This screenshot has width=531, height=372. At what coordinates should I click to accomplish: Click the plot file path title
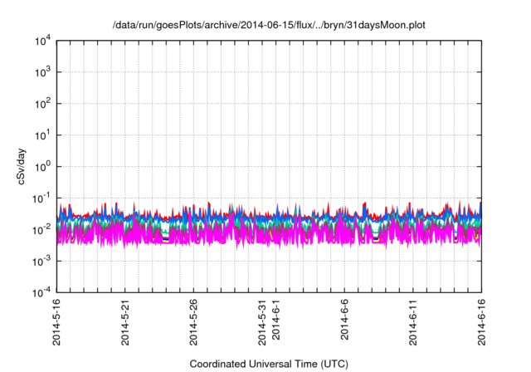pyautogui.click(x=269, y=25)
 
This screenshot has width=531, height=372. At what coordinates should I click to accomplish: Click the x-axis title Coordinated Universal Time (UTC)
pyautogui.click(x=269, y=364)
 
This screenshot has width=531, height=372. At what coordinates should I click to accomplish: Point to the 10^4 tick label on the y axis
pyautogui.click(x=41, y=41)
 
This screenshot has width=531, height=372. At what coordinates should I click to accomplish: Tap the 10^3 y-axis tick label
pyautogui.click(x=41, y=72)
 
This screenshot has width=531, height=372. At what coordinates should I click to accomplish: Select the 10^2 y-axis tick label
pyautogui.click(x=41, y=104)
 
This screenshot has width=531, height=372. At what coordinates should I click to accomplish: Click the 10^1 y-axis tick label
pyautogui.click(x=41, y=135)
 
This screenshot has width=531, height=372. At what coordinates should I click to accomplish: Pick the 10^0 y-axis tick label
pyautogui.click(x=41, y=166)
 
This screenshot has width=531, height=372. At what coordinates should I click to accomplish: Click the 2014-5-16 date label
pyautogui.click(x=57, y=321)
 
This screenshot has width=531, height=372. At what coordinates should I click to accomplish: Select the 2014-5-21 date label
pyautogui.click(x=126, y=321)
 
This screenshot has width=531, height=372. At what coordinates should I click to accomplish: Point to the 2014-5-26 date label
pyautogui.click(x=194, y=321)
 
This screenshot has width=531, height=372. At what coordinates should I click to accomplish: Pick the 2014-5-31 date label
pyautogui.click(x=263, y=321)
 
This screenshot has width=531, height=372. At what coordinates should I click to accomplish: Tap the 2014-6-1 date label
pyautogui.click(x=276, y=318)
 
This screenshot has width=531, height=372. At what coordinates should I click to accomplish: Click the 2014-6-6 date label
pyautogui.click(x=345, y=318)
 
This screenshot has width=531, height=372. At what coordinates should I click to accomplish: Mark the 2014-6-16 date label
pyautogui.click(x=482, y=321)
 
